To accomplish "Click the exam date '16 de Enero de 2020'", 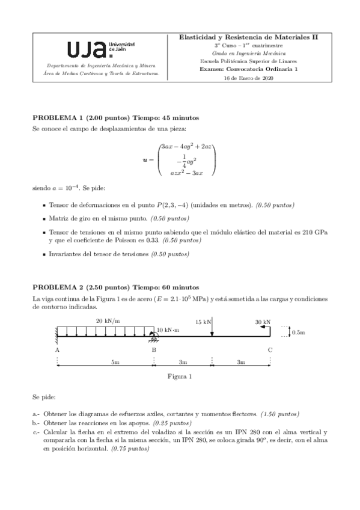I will (x=248, y=78).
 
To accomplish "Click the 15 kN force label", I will (x=203, y=322).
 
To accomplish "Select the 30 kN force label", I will (x=262, y=322).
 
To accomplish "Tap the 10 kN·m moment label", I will (x=169, y=330).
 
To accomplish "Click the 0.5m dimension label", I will (x=298, y=331).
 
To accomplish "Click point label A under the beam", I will (x=56, y=349).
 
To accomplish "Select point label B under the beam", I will (x=154, y=349).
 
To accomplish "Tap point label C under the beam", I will (x=270, y=349).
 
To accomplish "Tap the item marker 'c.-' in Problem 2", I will (x=36, y=432).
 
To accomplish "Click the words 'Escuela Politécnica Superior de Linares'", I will (x=248, y=61).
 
